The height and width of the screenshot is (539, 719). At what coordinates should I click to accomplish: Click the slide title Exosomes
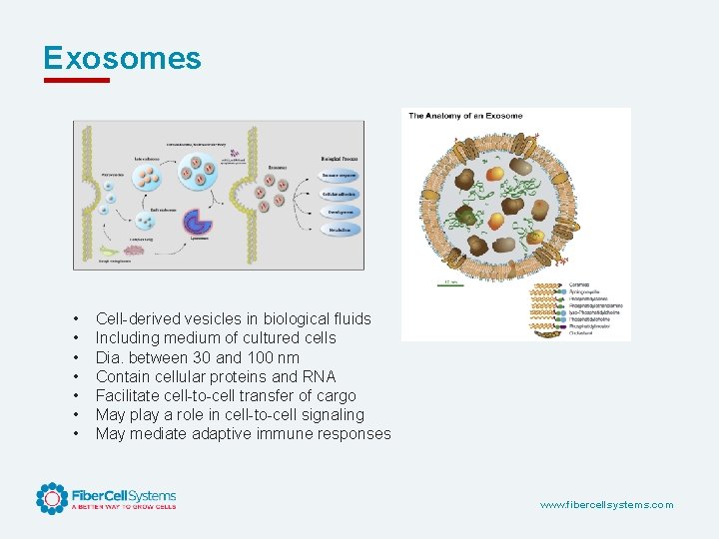click(x=122, y=58)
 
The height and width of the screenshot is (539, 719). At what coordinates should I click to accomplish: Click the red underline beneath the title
click(x=76, y=81)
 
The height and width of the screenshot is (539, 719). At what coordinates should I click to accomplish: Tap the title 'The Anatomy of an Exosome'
click(x=465, y=116)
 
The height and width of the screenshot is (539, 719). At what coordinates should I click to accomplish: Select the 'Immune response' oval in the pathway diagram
click(x=339, y=174)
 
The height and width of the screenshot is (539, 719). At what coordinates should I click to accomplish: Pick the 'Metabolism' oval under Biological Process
click(x=339, y=229)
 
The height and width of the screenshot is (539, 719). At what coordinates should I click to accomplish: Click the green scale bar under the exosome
click(x=451, y=283)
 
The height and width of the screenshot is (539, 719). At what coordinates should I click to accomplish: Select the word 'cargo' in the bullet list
click(x=335, y=395)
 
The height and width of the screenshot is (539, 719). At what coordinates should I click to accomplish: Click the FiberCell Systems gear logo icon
click(x=52, y=498)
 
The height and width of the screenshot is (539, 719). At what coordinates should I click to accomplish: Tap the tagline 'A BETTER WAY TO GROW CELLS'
click(x=123, y=507)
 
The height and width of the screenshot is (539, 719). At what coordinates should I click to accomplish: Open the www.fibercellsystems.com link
click(x=606, y=505)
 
